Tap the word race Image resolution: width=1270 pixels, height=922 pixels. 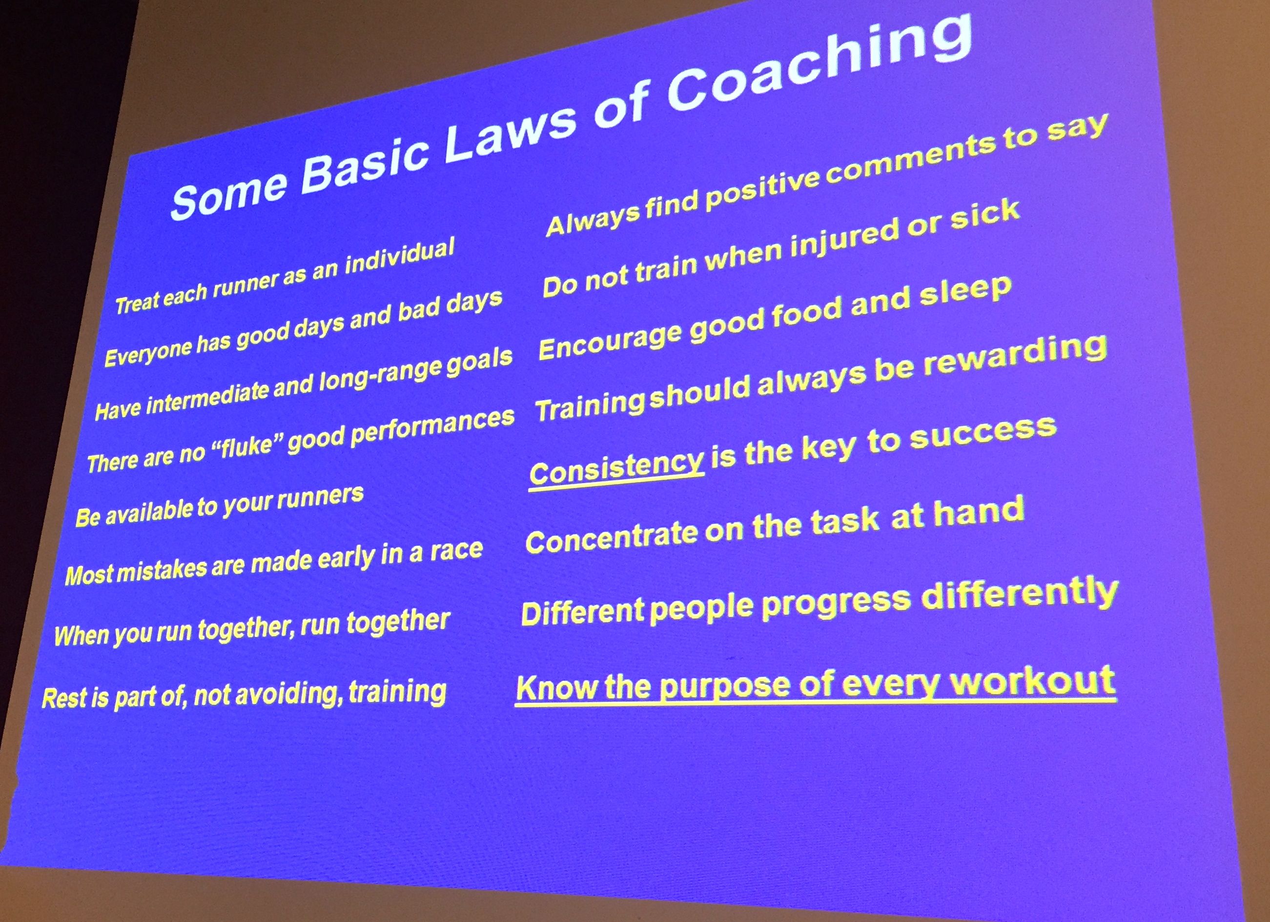click(456, 551)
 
